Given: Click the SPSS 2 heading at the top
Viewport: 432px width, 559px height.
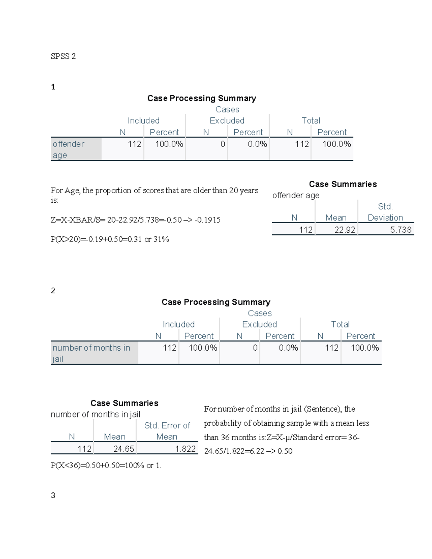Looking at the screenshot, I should (63, 56).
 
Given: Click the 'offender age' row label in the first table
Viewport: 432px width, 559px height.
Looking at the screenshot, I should (68, 149).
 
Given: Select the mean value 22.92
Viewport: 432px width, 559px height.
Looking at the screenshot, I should (345, 230).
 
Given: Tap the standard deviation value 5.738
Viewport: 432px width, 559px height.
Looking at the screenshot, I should (400, 230).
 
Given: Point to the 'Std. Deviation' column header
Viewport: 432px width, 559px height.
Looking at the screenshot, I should (385, 212).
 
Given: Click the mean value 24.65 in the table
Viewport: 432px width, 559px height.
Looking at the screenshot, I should (123, 449).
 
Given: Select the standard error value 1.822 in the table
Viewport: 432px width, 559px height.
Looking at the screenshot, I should (185, 449).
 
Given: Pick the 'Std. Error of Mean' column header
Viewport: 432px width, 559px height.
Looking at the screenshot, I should (167, 431).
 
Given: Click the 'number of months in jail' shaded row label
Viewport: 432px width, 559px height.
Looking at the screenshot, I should (91, 353).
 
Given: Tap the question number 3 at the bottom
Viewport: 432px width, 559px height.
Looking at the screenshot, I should (53, 495).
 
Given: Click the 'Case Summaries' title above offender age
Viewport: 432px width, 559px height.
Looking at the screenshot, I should (343, 184).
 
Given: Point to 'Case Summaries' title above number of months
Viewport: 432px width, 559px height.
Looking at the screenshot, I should (124, 403).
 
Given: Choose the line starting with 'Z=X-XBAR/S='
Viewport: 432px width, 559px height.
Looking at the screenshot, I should (135, 220).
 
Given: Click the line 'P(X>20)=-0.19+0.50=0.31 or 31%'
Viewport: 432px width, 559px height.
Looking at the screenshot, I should (109, 239).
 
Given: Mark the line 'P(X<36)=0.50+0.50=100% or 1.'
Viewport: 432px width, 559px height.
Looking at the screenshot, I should (105, 465).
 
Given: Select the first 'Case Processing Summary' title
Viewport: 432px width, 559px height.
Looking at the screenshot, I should (202, 98).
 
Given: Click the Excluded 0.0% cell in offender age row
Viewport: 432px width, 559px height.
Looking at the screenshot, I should (257, 144).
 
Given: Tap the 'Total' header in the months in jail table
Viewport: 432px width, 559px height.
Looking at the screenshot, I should (340, 324).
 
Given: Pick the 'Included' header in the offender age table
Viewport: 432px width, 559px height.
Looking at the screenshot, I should (143, 121).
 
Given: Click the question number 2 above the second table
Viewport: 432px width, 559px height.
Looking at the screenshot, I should (53, 290).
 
